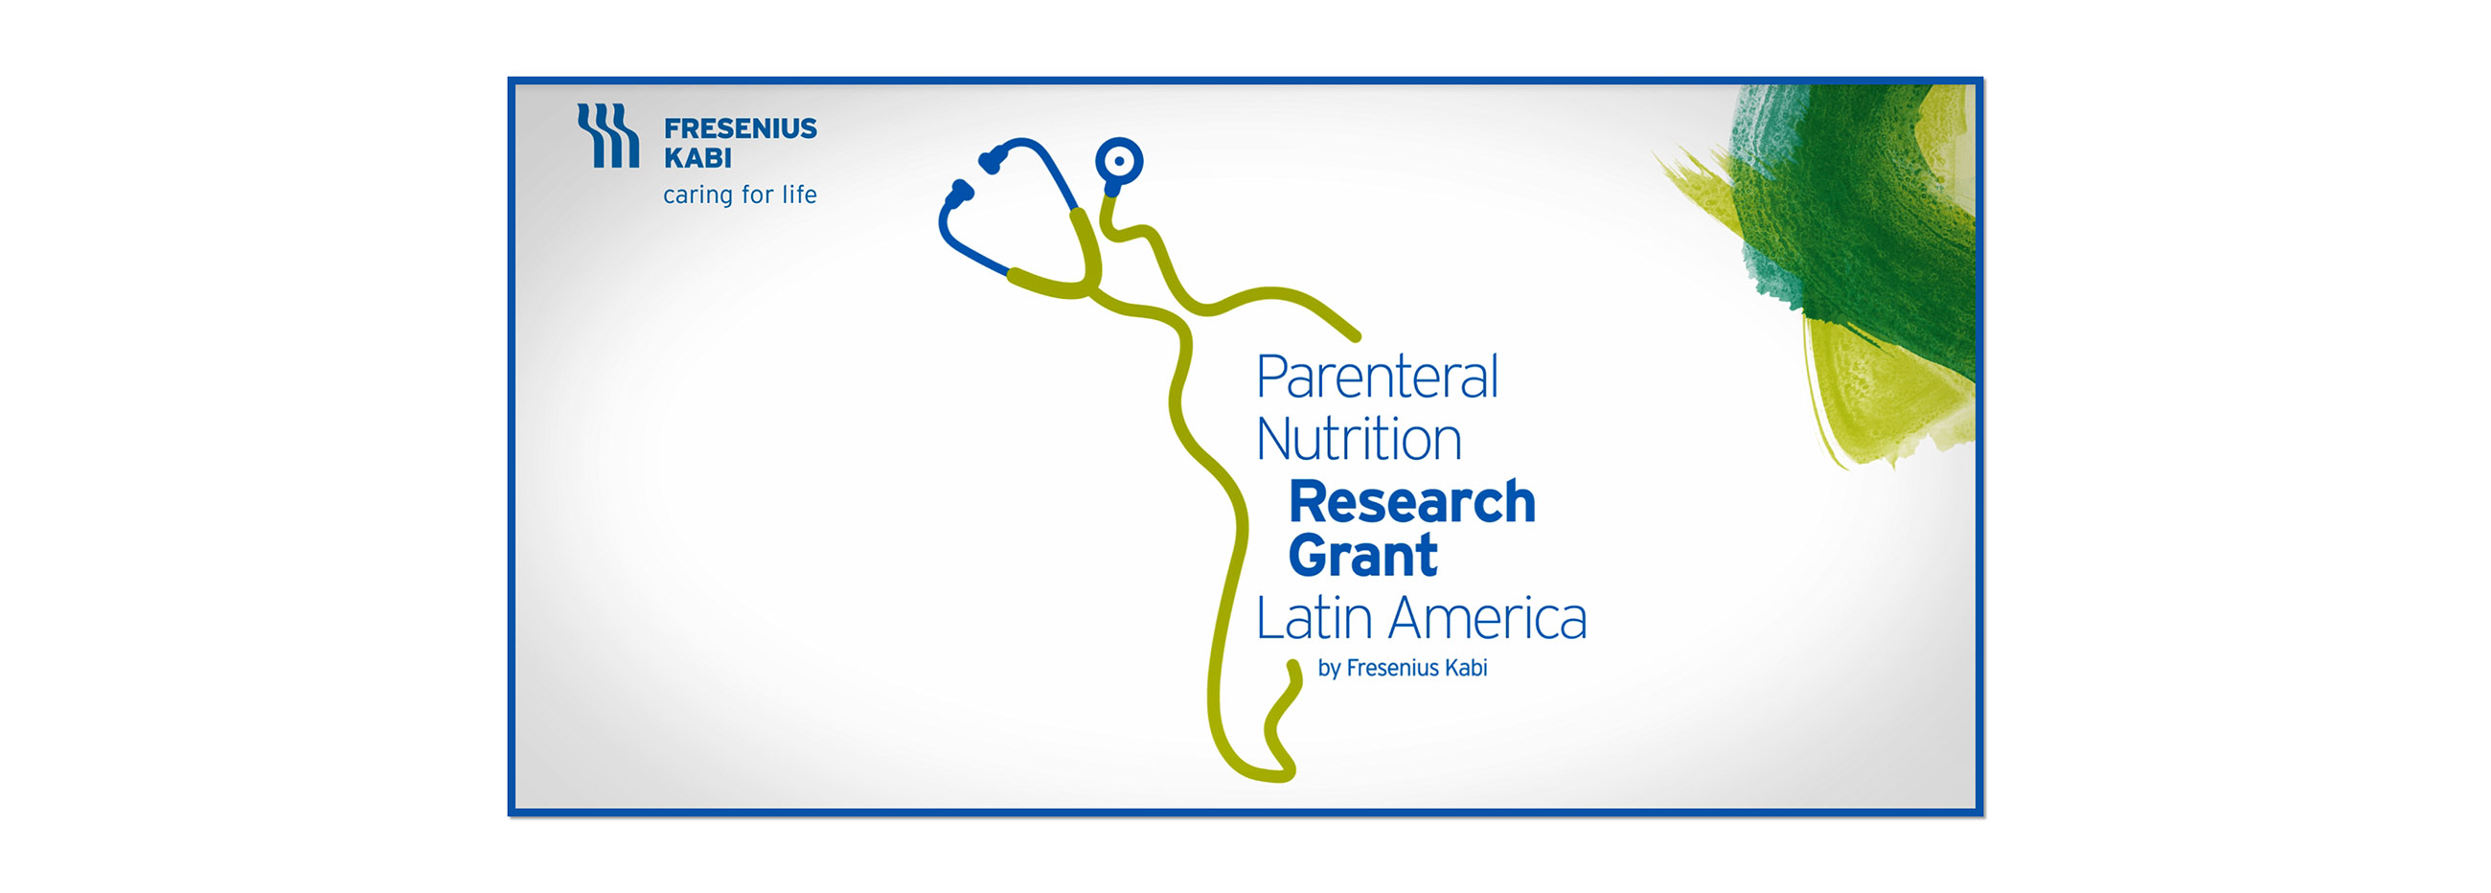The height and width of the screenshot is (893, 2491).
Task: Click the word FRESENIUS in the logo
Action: (x=740, y=128)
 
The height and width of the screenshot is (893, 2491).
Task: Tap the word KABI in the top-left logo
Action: (x=697, y=158)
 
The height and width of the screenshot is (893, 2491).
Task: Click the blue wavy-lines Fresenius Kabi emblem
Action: (x=608, y=135)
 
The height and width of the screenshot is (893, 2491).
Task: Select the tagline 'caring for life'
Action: (x=740, y=195)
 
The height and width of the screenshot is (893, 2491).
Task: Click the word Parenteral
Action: (x=1377, y=378)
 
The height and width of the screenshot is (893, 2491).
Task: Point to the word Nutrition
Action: (x=1359, y=439)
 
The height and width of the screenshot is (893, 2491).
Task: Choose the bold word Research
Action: (x=1412, y=502)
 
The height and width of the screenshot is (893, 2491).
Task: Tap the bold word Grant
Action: (x=1362, y=556)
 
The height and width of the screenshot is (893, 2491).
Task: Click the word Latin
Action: (x=1314, y=618)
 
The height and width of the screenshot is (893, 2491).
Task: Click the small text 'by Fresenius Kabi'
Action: (x=1403, y=669)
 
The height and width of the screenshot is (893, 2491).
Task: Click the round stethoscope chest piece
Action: (x=1119, y=162)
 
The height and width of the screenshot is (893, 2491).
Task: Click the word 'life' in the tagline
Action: (x=800, y=195)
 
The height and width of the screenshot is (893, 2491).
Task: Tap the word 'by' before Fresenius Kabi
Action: (x=1329, y=670)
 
